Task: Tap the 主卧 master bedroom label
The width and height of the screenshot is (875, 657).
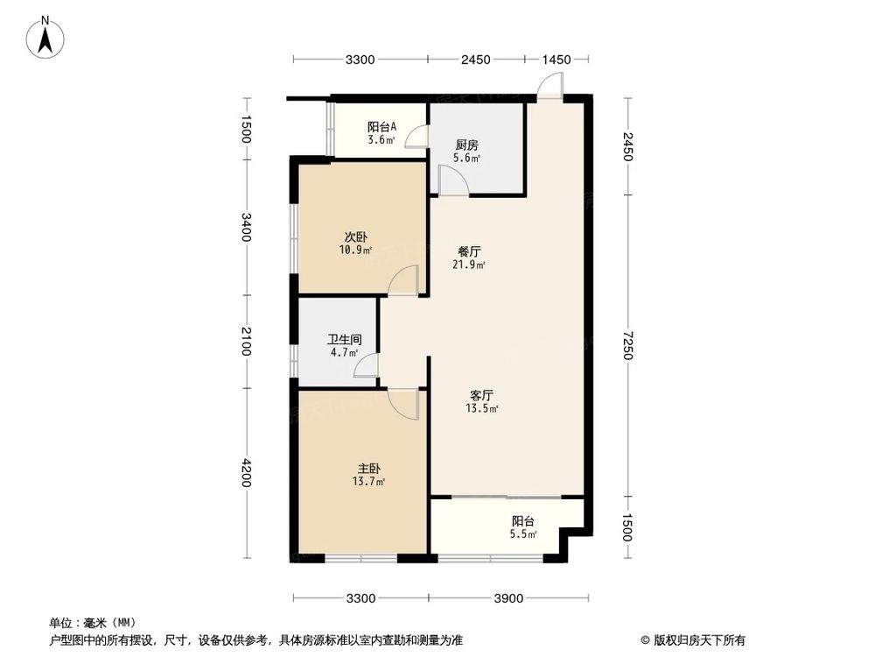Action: (x=367, y=469)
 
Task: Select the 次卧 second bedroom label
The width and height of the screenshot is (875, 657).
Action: (x=354, y=237)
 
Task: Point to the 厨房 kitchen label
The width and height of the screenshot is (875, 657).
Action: (x=466, y=145)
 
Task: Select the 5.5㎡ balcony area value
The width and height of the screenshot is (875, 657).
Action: (x=524, y=533)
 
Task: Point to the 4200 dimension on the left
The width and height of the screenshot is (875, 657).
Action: (x=248, y=473)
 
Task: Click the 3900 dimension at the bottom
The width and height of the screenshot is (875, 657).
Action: (x=508, y=599)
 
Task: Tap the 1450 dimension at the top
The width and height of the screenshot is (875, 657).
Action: (x=556, y=60)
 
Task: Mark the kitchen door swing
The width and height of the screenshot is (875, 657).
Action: (x=453, y=180)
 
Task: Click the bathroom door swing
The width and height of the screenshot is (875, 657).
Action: (x=367, y=366)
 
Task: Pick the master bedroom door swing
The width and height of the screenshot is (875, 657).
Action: (x=404, y=403)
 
